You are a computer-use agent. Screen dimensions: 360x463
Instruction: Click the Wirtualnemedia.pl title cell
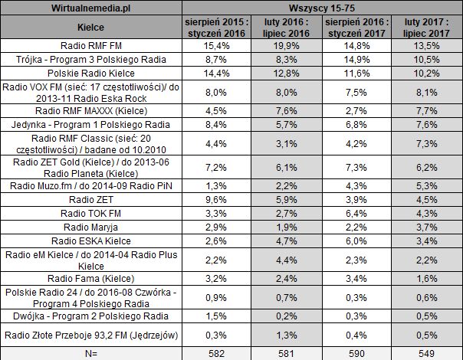[91, 7]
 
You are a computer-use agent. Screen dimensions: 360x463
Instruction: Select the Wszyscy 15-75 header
[321, 7]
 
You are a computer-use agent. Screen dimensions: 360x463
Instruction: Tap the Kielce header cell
[91, 27]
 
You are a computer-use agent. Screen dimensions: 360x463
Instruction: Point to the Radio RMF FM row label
[91, 44]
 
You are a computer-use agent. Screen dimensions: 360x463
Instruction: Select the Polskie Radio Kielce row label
[91, 72]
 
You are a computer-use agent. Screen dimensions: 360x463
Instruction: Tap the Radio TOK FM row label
[91, 213]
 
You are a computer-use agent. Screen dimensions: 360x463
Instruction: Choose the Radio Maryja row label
[91, 227]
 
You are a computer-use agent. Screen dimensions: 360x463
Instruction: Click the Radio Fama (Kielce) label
[91, 278]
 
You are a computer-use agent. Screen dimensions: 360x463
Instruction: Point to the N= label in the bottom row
[91, 353]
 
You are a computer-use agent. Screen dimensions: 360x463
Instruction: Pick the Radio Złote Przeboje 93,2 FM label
[91, 334]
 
